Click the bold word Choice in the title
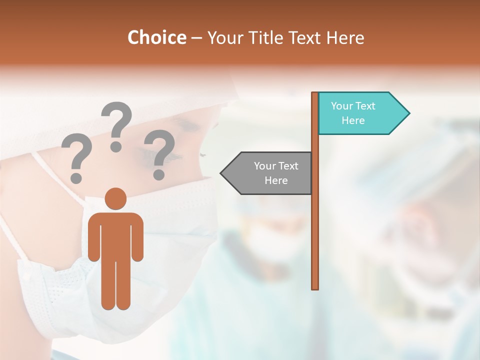click(156, 37)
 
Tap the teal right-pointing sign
click(360, 113)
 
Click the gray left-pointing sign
click(270, 173)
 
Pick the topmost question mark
click(116, 125)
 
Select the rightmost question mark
click(159, 152)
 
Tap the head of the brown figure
click(116, 198)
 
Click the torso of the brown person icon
click(116, 235)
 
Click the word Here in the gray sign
click(276, 180)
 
